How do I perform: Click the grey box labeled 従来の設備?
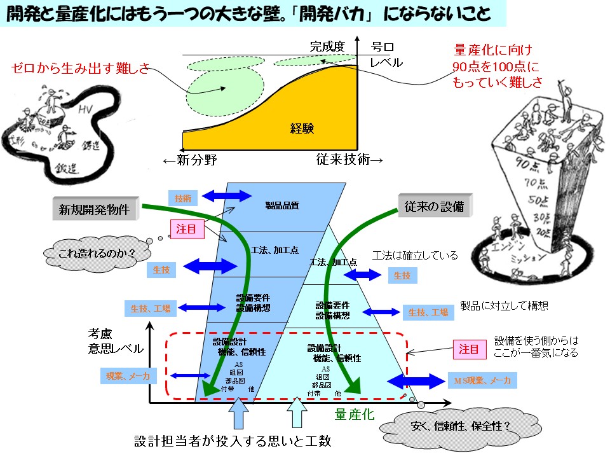(434, 206)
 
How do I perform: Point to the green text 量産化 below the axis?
(355, 415)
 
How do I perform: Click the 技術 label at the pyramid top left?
(182, 198)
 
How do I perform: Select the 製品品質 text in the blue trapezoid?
(282, 205)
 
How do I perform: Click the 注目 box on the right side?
(470, 350)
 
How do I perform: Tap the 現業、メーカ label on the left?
(128, 377)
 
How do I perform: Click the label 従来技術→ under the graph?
(349, 161)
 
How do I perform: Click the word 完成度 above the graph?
(327, 46)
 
